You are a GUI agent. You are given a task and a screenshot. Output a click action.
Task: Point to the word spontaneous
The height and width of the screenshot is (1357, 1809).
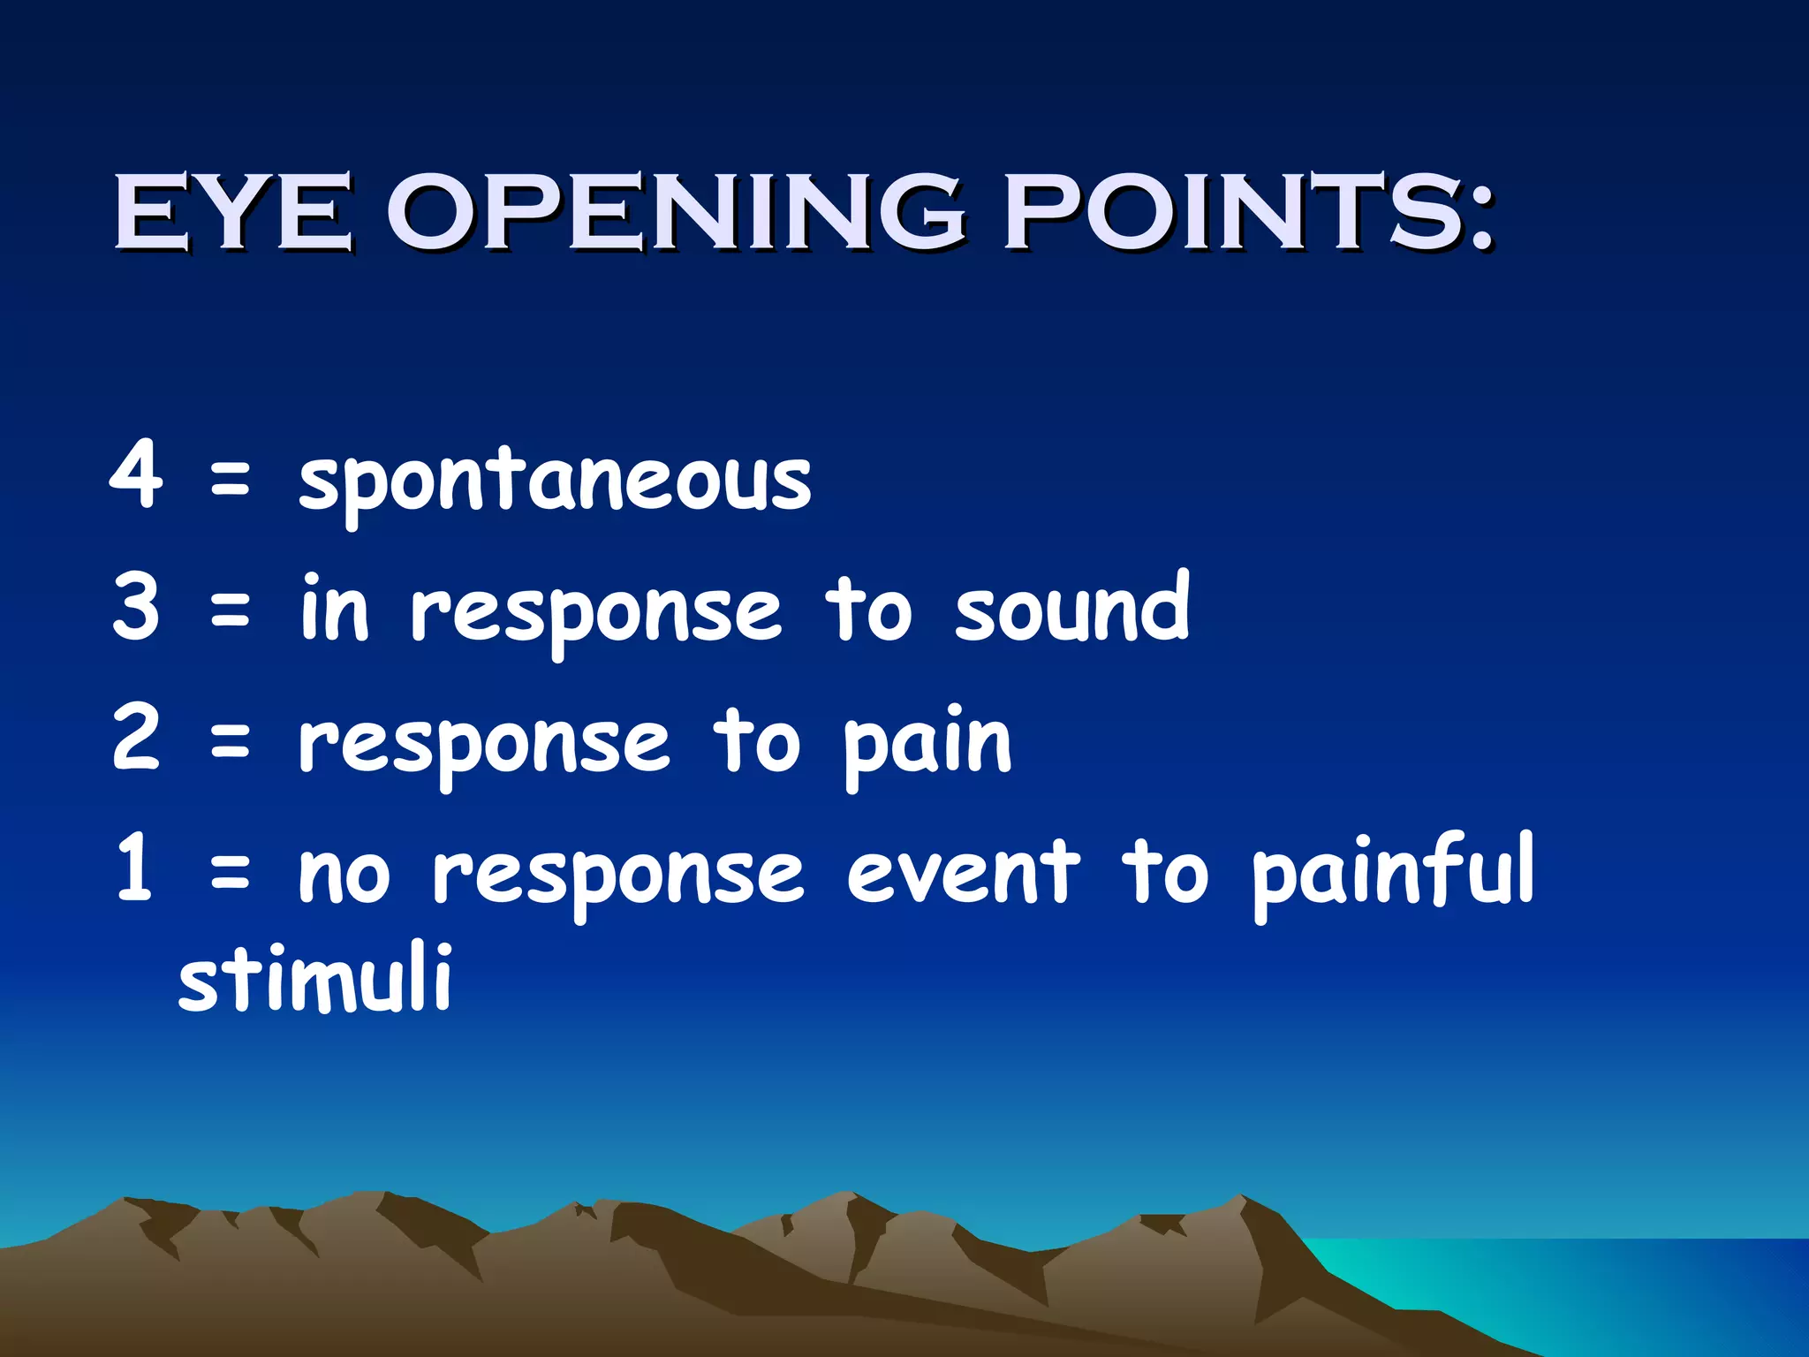coord(555,481)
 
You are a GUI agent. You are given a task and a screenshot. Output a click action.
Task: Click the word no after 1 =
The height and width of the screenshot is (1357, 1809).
coord(344,875)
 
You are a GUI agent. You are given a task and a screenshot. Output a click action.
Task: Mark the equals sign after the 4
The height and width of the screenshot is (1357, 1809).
coord(231,481)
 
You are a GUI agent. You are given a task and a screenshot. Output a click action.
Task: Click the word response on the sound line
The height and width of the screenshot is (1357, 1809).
coord(596,614)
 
